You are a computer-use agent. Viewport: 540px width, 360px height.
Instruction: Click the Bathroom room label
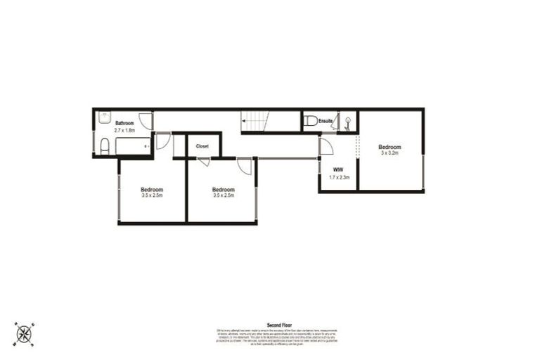(124, 122)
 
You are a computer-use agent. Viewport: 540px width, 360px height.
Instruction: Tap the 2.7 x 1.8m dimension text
(124, 130)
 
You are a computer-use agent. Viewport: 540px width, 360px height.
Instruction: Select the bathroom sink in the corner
(102, 117)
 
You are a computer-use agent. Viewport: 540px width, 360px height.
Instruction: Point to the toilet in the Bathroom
(104, 146)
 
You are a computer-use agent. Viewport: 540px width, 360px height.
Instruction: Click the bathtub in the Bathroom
(134, 146)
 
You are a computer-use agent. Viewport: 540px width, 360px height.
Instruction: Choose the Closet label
(202, 146)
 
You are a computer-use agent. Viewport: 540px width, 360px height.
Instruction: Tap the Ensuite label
(326, 122)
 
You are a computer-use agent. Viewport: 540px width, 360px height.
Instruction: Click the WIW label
(337, 169)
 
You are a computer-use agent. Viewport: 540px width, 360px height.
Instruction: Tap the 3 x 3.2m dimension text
(390, 153)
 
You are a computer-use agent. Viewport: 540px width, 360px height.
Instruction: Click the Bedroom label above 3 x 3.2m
(390, 146)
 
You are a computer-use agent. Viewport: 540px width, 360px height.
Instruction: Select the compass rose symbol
(25, 333)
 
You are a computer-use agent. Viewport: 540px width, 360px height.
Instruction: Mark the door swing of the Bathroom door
(146, 120)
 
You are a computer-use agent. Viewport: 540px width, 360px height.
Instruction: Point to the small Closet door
(203, 162)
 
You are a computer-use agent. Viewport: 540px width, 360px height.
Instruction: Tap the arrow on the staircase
(245, 122)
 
